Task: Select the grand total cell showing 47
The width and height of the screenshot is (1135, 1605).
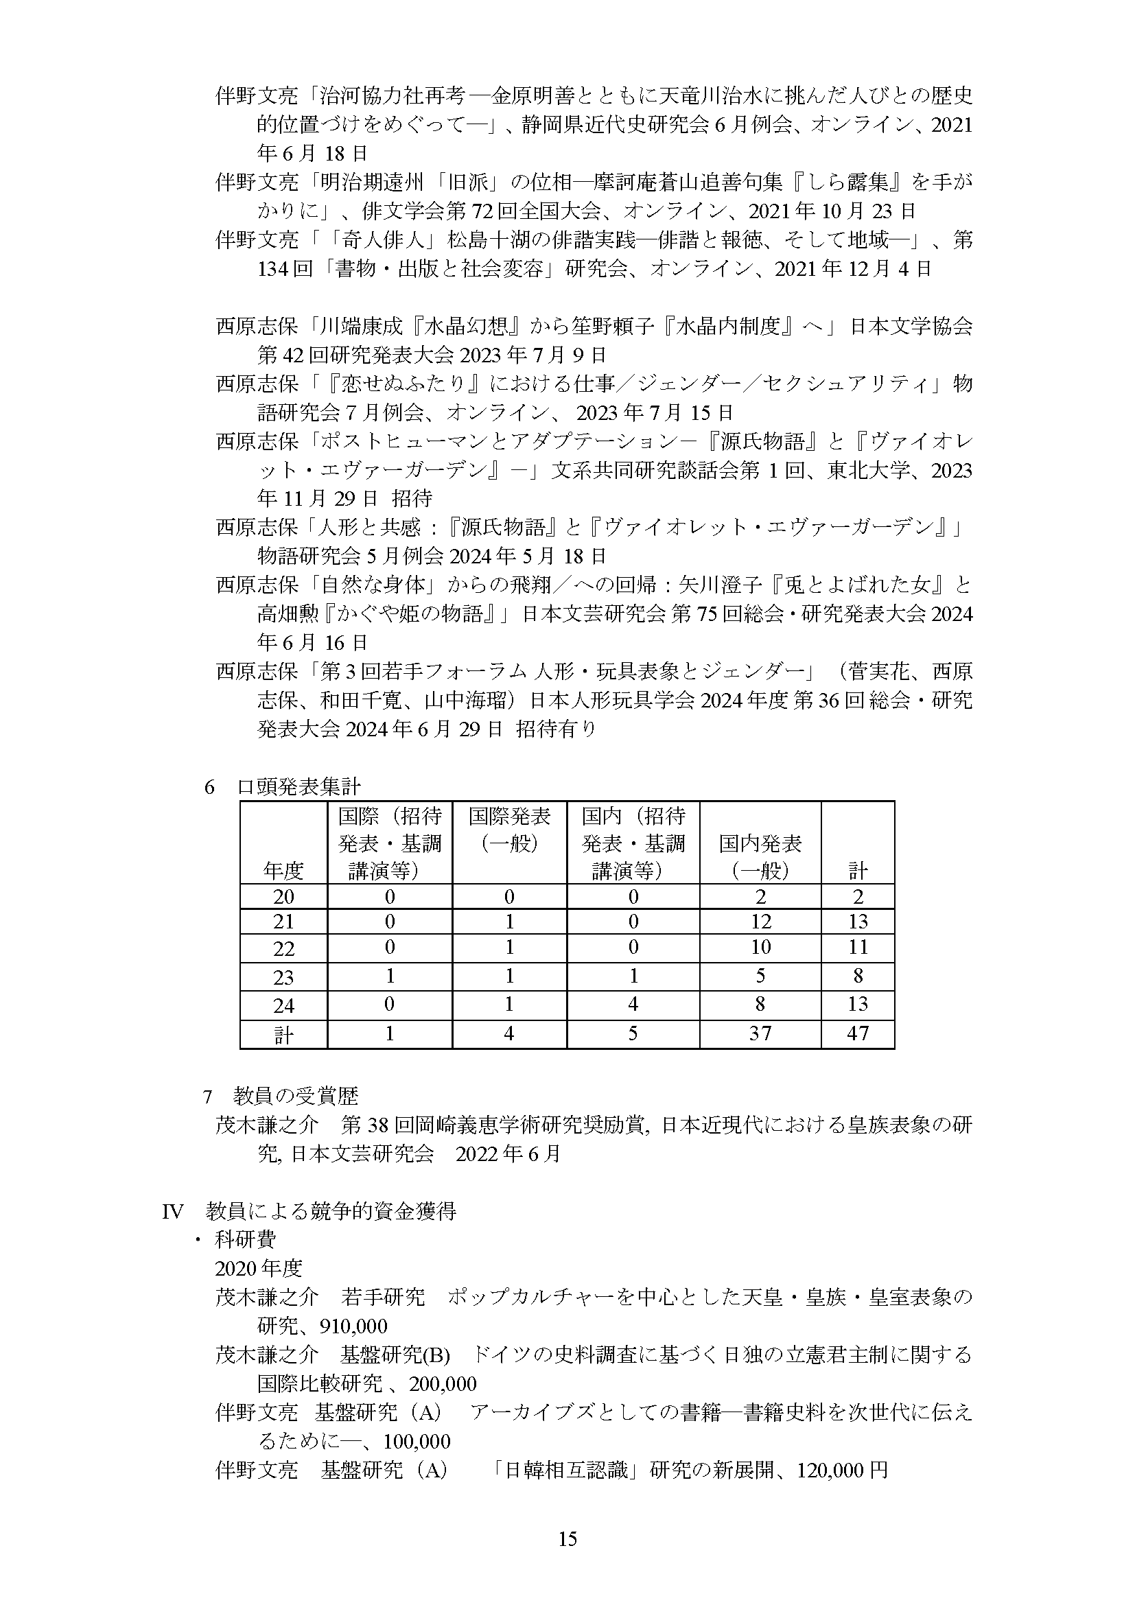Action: pyautogui.click(x=857, y=1033)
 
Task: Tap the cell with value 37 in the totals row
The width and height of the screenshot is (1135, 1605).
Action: pyautogui.click(x=760, y=1033)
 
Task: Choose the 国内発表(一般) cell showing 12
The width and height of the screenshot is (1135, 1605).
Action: pyautogui.click(x=760, y=922)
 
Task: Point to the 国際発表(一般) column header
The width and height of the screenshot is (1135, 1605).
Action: pyautogui.click(x=508, y=829)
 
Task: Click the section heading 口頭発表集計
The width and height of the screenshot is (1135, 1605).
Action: pyautogui.click(x=299, y=787)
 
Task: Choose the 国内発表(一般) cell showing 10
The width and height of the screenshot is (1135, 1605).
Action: pyautogui.click(x=760, y=947)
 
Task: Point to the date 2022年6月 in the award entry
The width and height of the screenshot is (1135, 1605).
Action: pyautogui.click(x=508, y=1153)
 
